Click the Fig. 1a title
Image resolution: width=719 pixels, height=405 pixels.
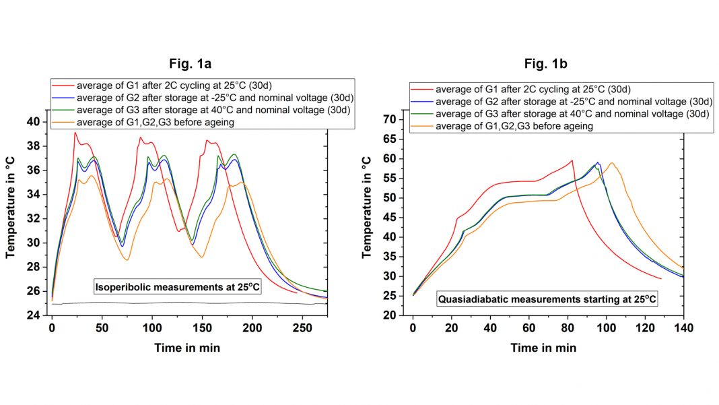coord(190,65)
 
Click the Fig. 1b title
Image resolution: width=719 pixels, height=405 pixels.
coord(548,65)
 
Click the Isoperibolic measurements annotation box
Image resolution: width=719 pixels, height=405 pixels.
coord(177,288)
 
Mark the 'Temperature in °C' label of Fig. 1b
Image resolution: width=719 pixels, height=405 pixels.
coord(368,208)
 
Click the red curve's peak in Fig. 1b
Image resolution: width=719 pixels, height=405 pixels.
coord(572,160)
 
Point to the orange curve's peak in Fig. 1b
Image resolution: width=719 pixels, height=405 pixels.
coord(612,162)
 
